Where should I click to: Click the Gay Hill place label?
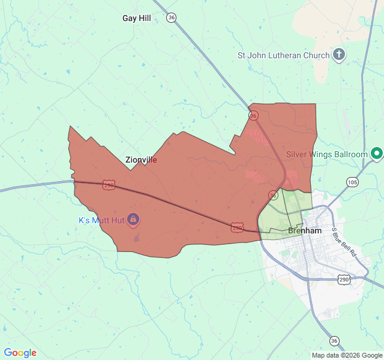coord(136,18)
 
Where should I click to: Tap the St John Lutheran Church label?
coord(283,55)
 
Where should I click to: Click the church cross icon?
coord(339,55)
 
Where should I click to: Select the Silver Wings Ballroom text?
coord(326,154)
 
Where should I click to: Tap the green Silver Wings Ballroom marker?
coord(377,154)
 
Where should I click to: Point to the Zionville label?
coord(142,160)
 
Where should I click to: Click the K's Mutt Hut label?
coord(101,220)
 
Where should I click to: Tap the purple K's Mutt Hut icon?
coord(133,220)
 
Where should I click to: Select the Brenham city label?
coord(305,230)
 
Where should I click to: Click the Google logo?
coord(20,353)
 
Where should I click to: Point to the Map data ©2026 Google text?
coord(346,355)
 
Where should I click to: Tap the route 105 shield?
coord(352,182)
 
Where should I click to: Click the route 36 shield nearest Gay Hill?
coord(172,18)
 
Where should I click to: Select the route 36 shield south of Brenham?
coord(334,341)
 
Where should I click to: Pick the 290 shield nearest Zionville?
coord(109,185)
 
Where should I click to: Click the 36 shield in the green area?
coord(274,195)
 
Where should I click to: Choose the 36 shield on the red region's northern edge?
coord(254,115)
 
